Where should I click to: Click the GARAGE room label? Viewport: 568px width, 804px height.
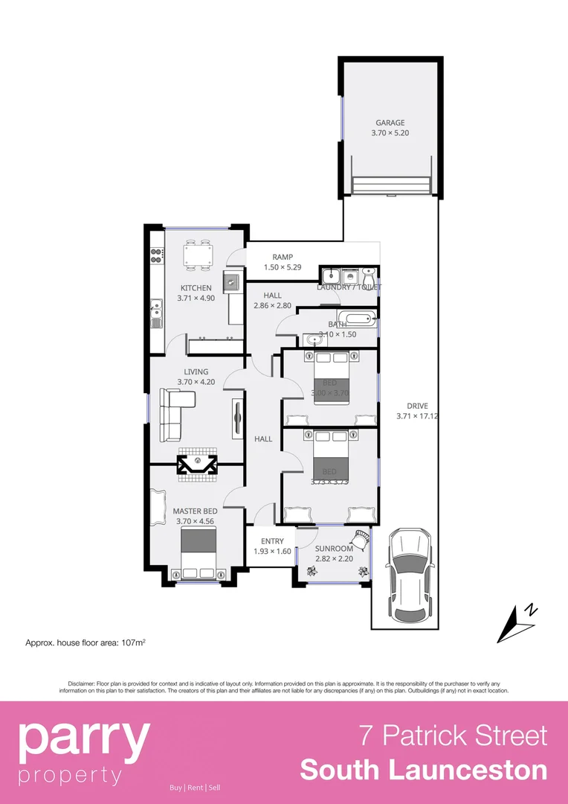point(390,123)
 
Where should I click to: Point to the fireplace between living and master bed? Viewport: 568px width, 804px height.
point(198,465)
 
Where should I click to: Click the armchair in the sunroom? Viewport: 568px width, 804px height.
point(360,537)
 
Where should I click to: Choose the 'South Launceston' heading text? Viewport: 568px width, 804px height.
point(424,770)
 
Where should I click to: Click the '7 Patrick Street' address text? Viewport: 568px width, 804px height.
point(454,736)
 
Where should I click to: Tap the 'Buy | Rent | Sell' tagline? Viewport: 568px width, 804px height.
point(195,788)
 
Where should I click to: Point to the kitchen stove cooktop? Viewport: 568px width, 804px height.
point(156,256)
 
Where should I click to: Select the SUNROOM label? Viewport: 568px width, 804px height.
point(333,549)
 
